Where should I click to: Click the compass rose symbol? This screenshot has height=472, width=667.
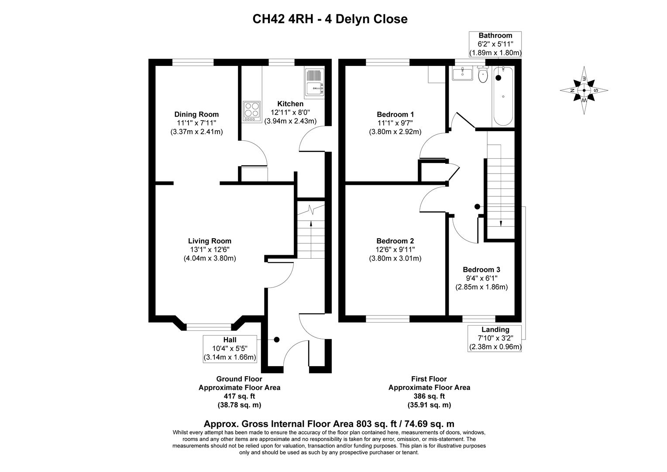(584, 90)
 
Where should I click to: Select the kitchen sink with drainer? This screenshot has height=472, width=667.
(314, 83)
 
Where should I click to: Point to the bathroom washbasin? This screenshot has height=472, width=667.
(462, 74)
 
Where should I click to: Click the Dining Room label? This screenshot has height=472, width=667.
(196, 115)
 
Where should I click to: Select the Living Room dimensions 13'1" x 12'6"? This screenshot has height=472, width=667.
(210, 250)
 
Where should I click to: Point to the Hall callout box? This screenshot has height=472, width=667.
(230, 349)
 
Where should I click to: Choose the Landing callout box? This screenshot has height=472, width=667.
(495, 338)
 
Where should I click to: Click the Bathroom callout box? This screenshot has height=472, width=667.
(495, 44)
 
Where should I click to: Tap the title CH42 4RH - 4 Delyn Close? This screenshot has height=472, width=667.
(330, 19)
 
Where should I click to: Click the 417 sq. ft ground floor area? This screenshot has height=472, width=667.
(239, 396)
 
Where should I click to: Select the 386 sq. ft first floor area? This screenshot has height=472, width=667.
(429, 396)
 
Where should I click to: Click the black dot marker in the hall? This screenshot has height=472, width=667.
(276, 340)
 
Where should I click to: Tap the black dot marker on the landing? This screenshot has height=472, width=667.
(477, 207)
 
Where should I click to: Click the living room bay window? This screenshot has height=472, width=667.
(209, 326)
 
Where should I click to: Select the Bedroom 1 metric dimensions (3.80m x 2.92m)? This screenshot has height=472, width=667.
(395, 132)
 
